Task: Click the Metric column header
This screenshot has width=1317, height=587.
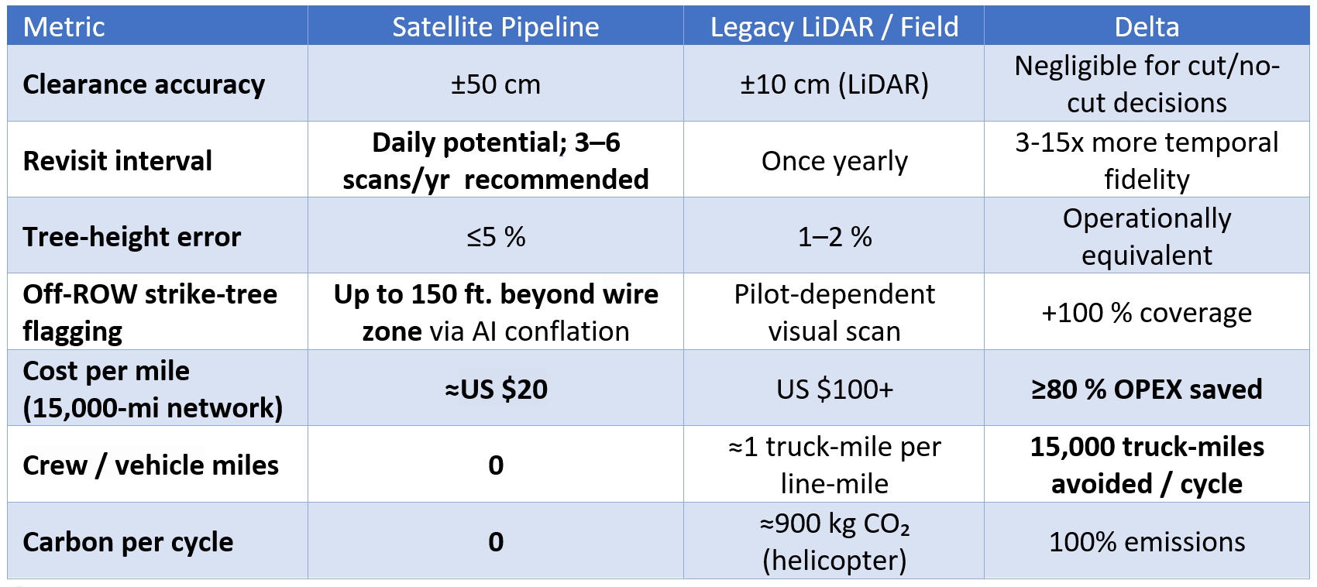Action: [x=64, y=27]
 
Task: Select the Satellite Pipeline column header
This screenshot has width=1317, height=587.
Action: [x=496, y=27]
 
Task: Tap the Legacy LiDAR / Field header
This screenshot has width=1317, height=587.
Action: [x=834, y=27]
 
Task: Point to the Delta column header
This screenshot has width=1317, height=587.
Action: [x=1147, y=27]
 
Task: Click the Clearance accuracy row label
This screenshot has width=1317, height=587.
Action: [x=144, y=84]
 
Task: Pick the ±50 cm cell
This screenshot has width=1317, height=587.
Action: [x=496, y=84]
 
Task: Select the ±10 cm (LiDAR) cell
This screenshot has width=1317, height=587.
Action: [x=834, y=84]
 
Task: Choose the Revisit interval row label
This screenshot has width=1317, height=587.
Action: [x=118, y=160]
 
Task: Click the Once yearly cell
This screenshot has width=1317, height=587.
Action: [x=834, y=161]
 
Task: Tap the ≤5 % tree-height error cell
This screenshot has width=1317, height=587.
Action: [x=496, y=237]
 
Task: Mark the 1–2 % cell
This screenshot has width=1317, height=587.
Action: [x=834, y=237]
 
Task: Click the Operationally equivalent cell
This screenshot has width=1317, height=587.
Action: [x=1147, y=237]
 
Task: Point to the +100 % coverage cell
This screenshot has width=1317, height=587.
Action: [x=1147, y=313]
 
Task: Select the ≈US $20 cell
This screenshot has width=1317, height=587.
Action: [x=496, y=389]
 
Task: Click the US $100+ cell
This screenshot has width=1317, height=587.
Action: [x=834, y=389]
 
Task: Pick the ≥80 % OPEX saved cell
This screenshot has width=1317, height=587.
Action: [x=1147, y=389]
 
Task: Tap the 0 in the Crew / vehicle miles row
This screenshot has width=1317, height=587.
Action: [x=496, y=465]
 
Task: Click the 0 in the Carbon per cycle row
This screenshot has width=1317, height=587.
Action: [x=496, y=542]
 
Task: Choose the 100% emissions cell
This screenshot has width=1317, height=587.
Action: [x=1147, y=542]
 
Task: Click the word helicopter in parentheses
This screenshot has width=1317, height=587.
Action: [x=834, y=560]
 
